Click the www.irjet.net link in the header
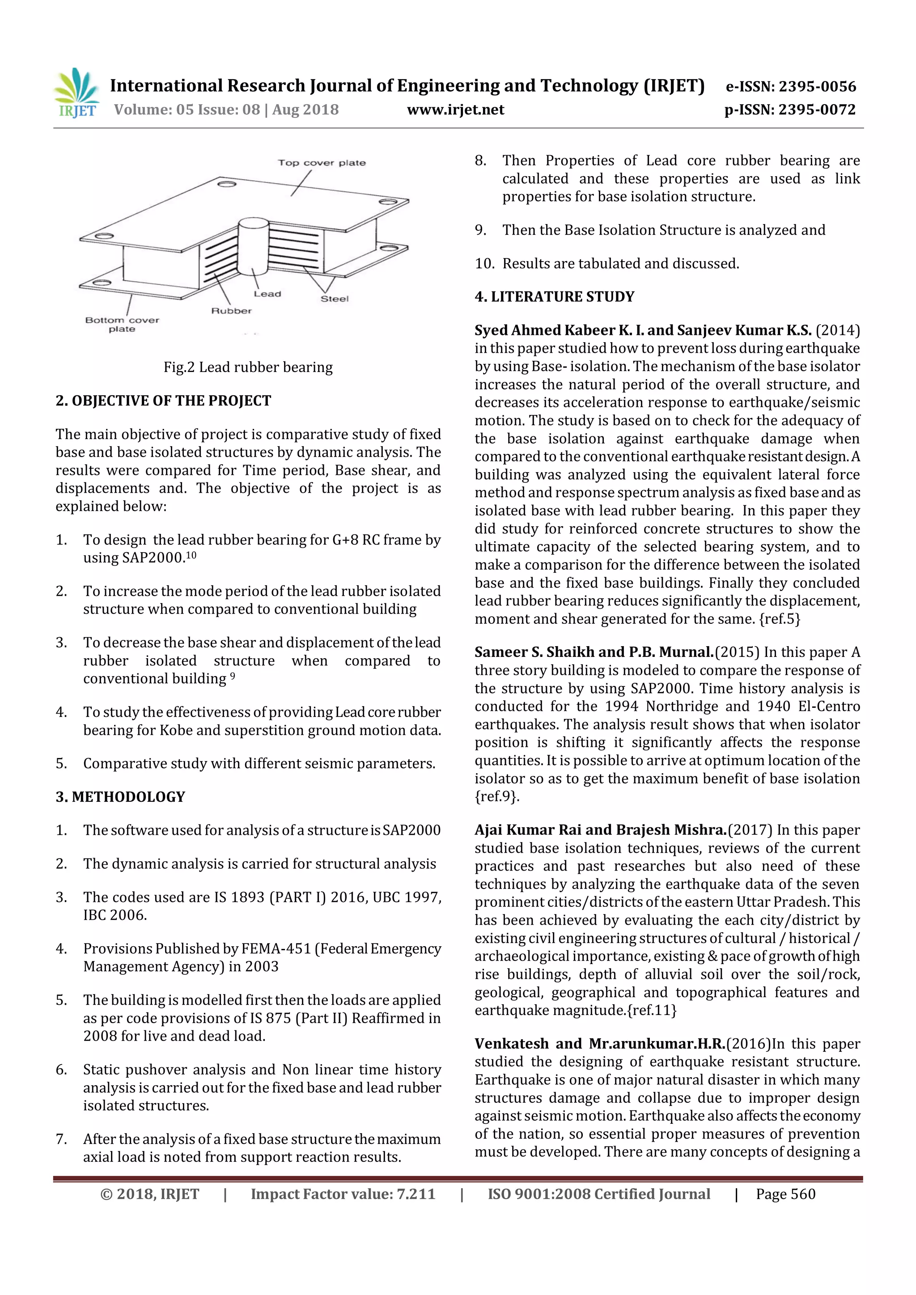coord(455,110)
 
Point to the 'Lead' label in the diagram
coord(267,294)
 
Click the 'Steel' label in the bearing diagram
coord(335,299)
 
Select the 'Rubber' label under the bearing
coord(231,311)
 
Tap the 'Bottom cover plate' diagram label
coord(122,324)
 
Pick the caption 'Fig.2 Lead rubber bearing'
coord(248,367)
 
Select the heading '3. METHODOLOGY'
coord(120,797)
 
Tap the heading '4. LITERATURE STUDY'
coord(555,296)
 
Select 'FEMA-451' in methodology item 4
coord(276,949)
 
